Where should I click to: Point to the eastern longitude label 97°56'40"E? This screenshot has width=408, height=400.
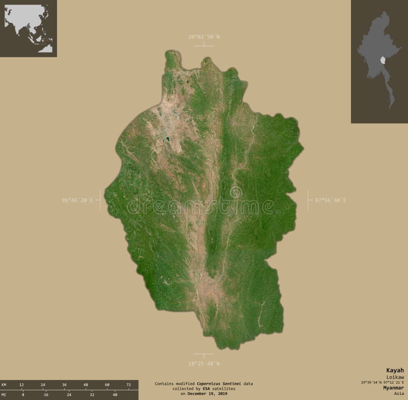tap(330, 200)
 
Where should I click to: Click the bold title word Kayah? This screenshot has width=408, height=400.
tap(395, 370)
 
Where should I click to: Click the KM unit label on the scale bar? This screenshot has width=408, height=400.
tap(4, 384)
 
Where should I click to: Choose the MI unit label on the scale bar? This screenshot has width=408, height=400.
tap(4, 394)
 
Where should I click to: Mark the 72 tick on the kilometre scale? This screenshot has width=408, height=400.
tap(129, 384)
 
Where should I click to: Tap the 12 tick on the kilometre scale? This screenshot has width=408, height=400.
tap(21, 384)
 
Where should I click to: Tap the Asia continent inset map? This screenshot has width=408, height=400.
tap(29, 28)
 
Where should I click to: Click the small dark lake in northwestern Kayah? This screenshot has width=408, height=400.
tap(166, 138)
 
